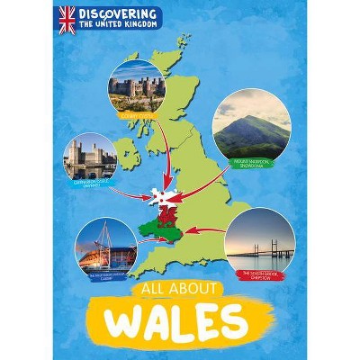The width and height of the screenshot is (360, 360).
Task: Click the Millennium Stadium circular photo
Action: pos(104,246)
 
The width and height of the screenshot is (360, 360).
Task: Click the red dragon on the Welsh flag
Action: pos(167,213)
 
